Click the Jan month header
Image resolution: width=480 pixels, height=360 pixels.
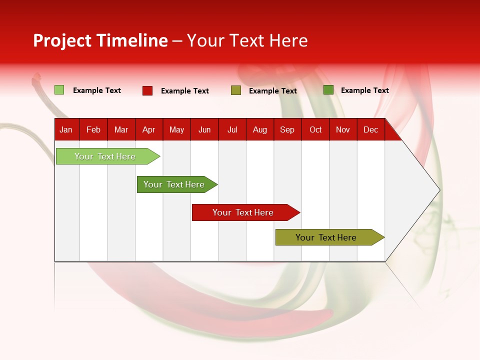66,129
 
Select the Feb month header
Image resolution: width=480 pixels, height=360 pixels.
93,129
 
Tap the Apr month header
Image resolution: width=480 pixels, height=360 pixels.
148,129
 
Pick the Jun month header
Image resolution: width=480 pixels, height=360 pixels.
204,129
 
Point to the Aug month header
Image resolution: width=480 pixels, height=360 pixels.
260,129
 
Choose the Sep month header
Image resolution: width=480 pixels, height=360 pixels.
287,129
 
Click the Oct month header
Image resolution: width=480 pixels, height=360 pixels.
315,129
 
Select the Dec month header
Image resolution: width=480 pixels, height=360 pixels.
370,129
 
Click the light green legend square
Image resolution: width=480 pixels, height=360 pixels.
59,90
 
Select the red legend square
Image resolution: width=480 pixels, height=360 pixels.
147,90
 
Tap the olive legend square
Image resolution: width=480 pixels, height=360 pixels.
236,90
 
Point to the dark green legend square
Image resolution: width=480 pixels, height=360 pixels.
328,90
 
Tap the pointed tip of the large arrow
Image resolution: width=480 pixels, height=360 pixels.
438,190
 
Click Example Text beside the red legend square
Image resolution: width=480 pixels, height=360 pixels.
185,91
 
